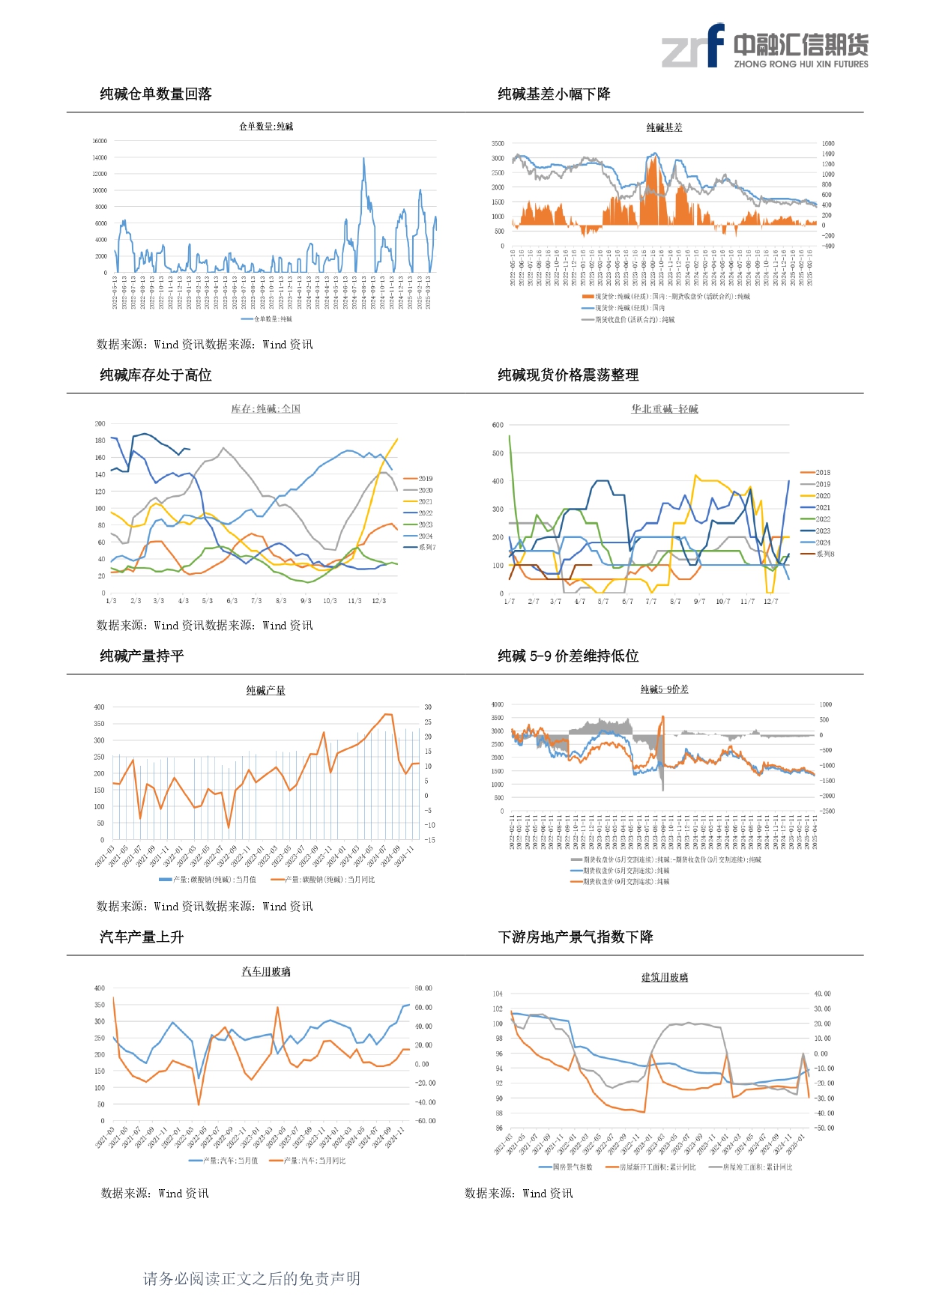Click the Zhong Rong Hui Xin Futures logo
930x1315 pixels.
coord(764,46)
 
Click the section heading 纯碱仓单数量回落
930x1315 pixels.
coord(156,94)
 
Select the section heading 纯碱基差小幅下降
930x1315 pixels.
coord(554,94)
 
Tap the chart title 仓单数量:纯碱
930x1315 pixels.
coord(266,127)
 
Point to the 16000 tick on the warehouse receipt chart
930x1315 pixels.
coord(100,141)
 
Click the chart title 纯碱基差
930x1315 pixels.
coord(664,127)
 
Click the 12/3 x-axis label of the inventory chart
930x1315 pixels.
coord(379,601)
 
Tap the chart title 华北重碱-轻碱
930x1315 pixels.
coord(664,409)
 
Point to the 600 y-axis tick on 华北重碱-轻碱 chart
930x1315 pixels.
coord(498,425)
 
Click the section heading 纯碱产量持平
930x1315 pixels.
coord(142,656)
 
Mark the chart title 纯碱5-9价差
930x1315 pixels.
coord(664,689)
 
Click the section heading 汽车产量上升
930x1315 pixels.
coord(142,937)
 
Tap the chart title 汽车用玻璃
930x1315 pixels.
coord(266,972)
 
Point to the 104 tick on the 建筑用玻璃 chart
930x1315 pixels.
coord(498,994)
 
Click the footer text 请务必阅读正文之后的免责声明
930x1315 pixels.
coord(252,1278)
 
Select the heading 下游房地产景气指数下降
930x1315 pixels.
coord(576,937)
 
